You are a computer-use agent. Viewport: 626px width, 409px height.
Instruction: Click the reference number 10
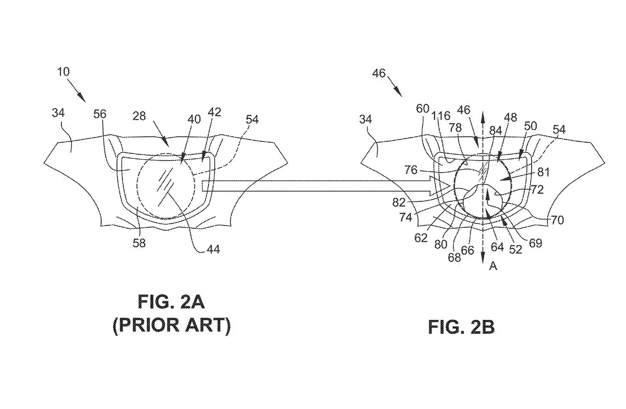pyautogui.click(x=63, y=72)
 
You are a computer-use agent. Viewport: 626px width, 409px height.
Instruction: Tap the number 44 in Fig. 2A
pyautogui.click(x=213, y=249)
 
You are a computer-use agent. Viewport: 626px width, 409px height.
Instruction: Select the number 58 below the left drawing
pyautogui.click(x=139, y=243)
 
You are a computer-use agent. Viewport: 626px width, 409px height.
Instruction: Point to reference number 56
pyautogui.click(x=100, y=114)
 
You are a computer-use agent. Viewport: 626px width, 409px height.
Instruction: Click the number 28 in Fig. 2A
pyautogui.click(x=139, y=116)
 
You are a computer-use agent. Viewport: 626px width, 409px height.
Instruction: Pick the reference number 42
pyautogui.click(x=214, y=112)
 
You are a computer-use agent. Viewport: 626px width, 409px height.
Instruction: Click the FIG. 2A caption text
pyautogui.click(x=171, y=302)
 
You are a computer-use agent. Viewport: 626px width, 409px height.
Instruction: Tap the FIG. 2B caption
pyautogui.click(x=461, y=327)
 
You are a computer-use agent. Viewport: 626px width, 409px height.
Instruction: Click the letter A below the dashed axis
pyautogui.click(x=493, y=266)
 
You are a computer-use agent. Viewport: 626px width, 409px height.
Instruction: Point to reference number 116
pyautogui.click(x=441, y=116)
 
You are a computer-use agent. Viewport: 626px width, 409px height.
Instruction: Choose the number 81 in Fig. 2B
pyautogui.click(x=544, y=173)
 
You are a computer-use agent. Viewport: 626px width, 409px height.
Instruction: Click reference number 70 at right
pyautogui.click(x=557, y=220)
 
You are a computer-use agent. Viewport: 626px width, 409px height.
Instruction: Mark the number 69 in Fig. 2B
pyautogui.click(x=536, y=243)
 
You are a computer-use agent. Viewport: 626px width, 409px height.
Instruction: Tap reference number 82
pyautogui.click(x=399, y=202)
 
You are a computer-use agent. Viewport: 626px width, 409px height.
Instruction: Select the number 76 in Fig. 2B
pyautogui.click(x=411, y=170)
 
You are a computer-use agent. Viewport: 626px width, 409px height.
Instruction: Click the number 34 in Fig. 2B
pyautogui.click(x=366, y=120)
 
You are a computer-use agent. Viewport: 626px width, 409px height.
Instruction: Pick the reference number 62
pyautogui.click(x=421, y=238)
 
